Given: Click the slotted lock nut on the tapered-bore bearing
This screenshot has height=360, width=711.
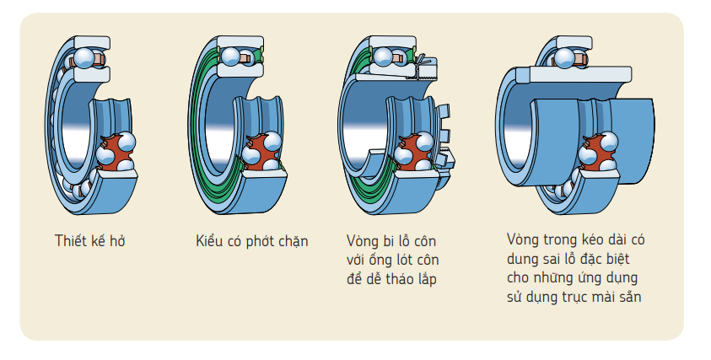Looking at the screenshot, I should pos(442,135).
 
